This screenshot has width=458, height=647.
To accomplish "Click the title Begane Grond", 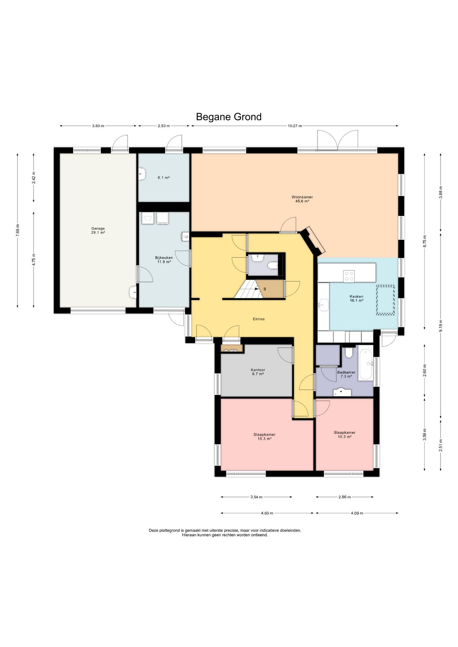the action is click(x=229, y=117).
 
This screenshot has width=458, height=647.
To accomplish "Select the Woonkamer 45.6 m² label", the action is click(x=302, y=199).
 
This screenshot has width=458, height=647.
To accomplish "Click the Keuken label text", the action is click(x=356, y=297).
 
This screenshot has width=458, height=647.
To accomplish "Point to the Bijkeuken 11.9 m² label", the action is click(x=164, y=259).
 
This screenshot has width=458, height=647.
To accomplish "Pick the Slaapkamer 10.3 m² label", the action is click(x=345, y=435).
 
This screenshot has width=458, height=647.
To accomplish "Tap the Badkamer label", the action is click(x=346, y=372).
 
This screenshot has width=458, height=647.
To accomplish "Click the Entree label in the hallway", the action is click(x=259, y=319).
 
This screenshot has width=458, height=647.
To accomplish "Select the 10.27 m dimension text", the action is click(x=294, y=126).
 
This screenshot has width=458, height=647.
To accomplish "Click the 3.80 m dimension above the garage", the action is click(x=98, y=126).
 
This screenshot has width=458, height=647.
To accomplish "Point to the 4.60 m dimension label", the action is click(x=267, y=513).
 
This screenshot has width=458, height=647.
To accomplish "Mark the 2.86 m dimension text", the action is click(x=344, y=497).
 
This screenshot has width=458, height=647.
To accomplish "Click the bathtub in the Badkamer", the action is click(x=366, y=365).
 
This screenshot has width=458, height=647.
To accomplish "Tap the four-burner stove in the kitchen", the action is click(x=349, y=276).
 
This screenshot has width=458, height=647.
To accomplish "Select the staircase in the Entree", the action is click(x=248, y=289).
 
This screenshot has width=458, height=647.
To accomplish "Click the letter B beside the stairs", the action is click(x=265, y=289).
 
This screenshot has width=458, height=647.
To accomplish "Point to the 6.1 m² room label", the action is click(x=164, y=178).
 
